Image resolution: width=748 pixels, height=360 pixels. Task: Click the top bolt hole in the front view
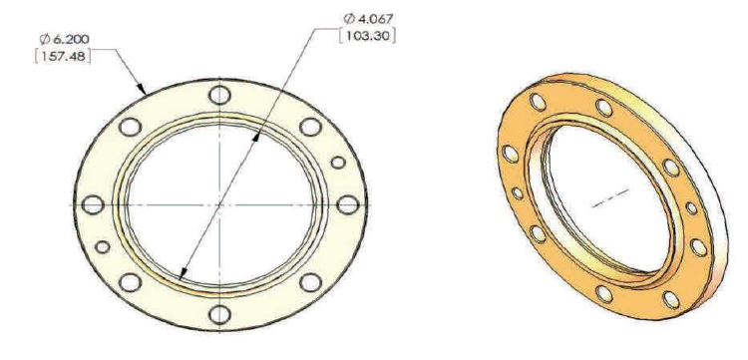click(x=219, y=95)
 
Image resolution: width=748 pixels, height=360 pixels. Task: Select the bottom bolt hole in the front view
click(x=220, y=314)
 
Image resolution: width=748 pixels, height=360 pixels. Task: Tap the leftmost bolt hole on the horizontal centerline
click(x=93, y=204)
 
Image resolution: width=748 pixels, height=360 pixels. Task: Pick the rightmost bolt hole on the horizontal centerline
click(x=347, y=204)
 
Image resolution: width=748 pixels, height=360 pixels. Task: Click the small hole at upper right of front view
click(x=338, y=163)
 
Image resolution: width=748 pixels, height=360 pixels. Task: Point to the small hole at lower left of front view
click(x=103, y=247)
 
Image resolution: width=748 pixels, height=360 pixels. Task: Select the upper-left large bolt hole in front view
click(x=130, y=128)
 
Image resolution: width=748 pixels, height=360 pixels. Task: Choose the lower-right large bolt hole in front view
click(x=310, y=282)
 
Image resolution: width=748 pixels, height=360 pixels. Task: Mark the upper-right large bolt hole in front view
click(x=310, y=127)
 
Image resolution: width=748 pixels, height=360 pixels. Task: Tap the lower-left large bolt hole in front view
click(x=130, y=282)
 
